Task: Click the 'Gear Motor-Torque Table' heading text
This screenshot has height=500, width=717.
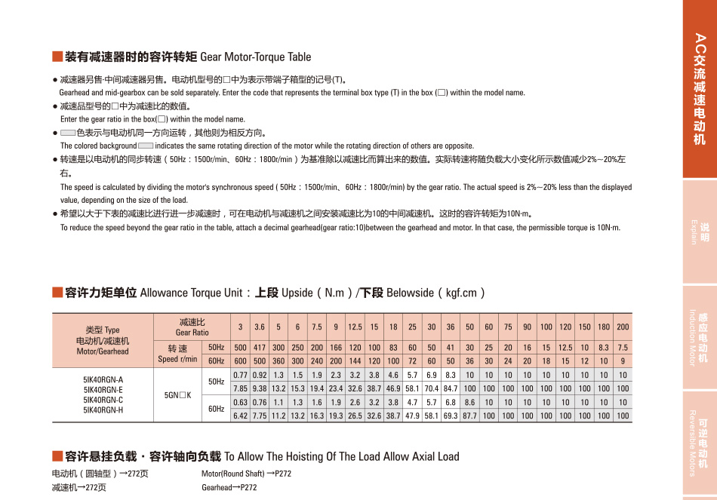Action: (x=256, y=57)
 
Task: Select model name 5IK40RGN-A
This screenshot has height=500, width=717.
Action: (x=103, y=379)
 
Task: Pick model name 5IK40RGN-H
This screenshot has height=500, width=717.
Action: (x=103, y=410)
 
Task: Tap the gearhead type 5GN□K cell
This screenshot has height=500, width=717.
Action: (x=178, y=394)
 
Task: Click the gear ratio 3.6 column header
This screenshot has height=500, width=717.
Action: (x=260, y=327)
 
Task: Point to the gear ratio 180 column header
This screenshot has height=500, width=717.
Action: (x=604, y=327)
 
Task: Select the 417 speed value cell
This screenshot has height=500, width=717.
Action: (x=260, y=347)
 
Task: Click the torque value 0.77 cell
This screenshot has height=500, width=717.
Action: (x=241, y=375)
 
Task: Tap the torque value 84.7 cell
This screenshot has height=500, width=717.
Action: (x=451, y=388)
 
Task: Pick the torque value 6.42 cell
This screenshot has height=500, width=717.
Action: (x=241, y=416)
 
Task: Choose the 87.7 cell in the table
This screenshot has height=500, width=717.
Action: (x=469, y=416)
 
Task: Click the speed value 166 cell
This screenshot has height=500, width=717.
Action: (x=336, y=347)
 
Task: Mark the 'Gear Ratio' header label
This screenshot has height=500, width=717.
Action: (x=192, y=332)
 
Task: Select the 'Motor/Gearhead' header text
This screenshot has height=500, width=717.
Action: (x=103, y=351)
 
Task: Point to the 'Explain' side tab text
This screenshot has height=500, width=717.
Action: (x=693, y=232)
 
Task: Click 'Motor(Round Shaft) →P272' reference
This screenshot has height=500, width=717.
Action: (x=246, y=474)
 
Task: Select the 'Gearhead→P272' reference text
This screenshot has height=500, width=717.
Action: (x=229, y=487)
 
